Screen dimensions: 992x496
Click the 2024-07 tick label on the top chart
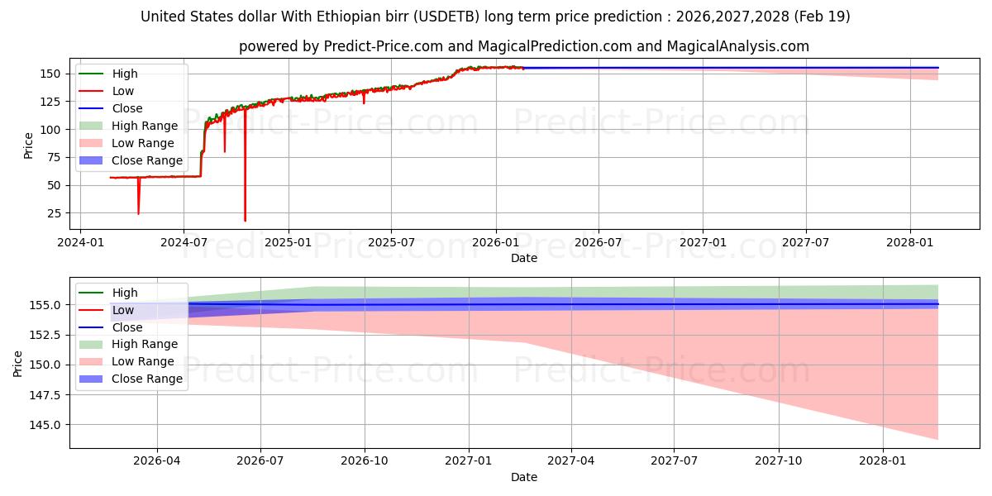point(184,243)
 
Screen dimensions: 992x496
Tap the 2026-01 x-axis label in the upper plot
point(495,243)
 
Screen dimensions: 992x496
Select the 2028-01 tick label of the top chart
point(909,243)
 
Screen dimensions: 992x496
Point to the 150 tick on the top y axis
point(50,74)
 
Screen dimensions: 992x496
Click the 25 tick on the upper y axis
point(54,213)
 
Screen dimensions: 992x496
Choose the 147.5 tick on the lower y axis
point(45,395)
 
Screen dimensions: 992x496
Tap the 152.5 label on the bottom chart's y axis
point(45,336)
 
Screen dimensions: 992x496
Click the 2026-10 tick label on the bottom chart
point(365,461)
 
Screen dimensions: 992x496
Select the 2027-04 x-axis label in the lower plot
point(571,461)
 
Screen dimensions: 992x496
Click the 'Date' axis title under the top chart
point(524,258)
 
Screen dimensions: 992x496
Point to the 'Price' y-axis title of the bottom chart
point(17,364)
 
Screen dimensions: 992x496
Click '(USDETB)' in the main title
point(446,17)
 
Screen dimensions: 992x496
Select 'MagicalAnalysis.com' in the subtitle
point(737,46)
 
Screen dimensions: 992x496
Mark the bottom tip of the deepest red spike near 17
point(245,221)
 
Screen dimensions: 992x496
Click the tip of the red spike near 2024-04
point(139,214)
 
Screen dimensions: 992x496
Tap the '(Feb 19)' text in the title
point(822,17)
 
